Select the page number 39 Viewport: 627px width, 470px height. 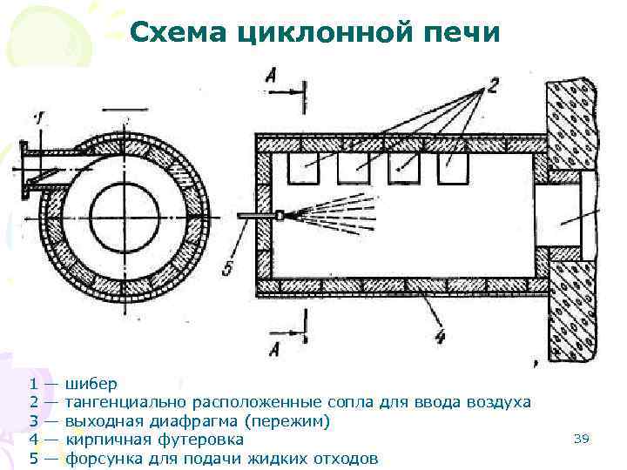(x=582, y=439)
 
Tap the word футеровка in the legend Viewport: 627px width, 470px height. (x=199, y=440)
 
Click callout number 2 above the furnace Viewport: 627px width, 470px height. (x=492, y=84)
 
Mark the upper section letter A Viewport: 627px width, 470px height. (x=272, y=78)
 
